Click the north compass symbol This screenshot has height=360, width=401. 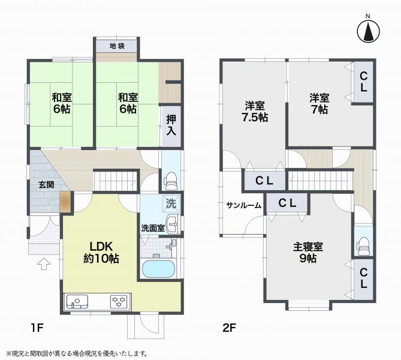368,31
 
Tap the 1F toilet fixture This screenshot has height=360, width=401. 171,181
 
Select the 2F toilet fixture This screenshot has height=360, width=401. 363,247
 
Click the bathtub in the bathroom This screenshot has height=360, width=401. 159,269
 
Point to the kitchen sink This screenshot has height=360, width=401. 77,302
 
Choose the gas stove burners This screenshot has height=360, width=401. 119,302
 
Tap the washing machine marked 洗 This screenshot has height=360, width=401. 171,203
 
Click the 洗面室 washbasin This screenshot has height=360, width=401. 173,224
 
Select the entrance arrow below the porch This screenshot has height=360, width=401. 44,264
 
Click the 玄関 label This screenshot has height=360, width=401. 46,185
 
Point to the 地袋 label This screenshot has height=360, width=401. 117,46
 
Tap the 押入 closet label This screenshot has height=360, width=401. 171,125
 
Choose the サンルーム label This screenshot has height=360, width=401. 244,205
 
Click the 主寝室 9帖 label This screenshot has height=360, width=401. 308,253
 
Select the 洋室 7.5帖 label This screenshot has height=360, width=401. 255,112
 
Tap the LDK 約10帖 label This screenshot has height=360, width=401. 101,253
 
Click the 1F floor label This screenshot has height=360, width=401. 37,328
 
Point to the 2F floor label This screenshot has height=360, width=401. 229,328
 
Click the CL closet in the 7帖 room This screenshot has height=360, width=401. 363,82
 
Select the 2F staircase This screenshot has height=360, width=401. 319,181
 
